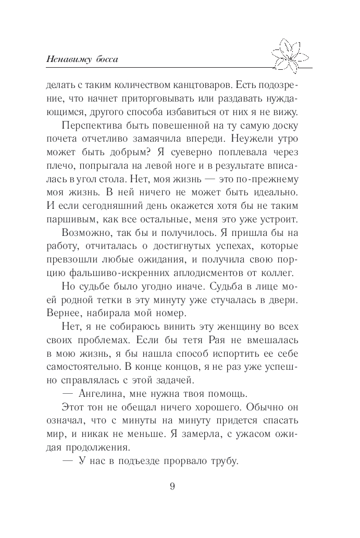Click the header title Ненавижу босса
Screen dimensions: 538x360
(82, 58)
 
